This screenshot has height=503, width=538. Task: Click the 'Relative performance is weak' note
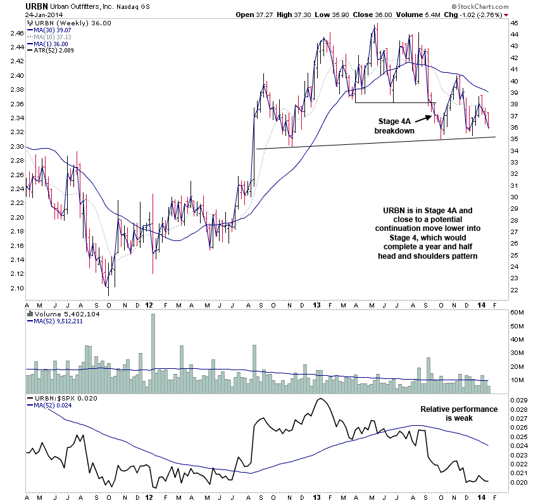(459, 414)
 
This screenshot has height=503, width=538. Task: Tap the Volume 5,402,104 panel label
(57, 313)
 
